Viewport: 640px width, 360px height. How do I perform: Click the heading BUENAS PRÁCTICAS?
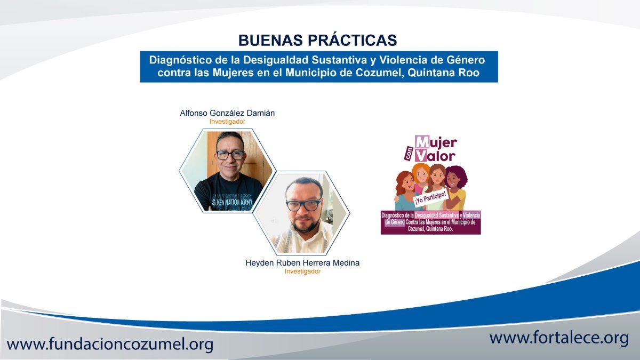click(x=317, y=40)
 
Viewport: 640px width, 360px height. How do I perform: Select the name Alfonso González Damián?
click(x=227, y=113)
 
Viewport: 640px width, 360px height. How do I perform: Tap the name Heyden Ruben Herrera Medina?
click(x=302, y=262)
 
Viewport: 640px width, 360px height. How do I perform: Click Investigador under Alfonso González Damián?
click(x=227, y=122)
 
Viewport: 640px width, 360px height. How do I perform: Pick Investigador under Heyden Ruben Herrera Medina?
click(x=302, y=271)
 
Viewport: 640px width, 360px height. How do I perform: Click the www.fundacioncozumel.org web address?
click(x=110, y=343)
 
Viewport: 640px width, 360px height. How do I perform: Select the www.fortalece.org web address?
click(x=559, y=338)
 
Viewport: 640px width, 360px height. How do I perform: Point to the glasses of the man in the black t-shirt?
click(x=230, y=155)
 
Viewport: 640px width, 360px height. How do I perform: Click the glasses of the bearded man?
click(x=303, y=205)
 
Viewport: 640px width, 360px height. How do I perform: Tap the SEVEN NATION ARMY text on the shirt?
click(x=232, y=203)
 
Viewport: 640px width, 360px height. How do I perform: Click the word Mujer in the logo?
click(x=436, y=142)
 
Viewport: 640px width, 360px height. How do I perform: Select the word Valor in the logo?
click(x=435, y=156)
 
